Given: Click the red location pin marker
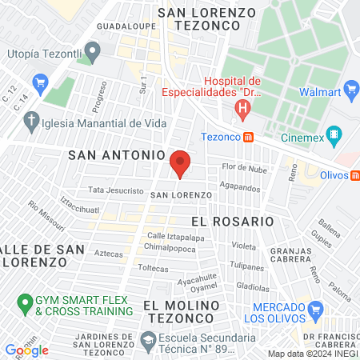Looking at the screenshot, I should [x=181, y=163].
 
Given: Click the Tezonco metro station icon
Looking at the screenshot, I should [x=249, y=136].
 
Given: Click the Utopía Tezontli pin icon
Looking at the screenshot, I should [x=93, y=54].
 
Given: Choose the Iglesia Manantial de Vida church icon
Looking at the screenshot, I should [x=32, y=122].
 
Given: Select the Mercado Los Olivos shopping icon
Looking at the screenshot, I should [x=316, y=308].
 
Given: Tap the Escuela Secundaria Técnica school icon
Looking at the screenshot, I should [x=149, y=341].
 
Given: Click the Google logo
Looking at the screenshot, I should [x=27, y=350].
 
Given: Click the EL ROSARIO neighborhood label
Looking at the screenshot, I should [x=233, y=220].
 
